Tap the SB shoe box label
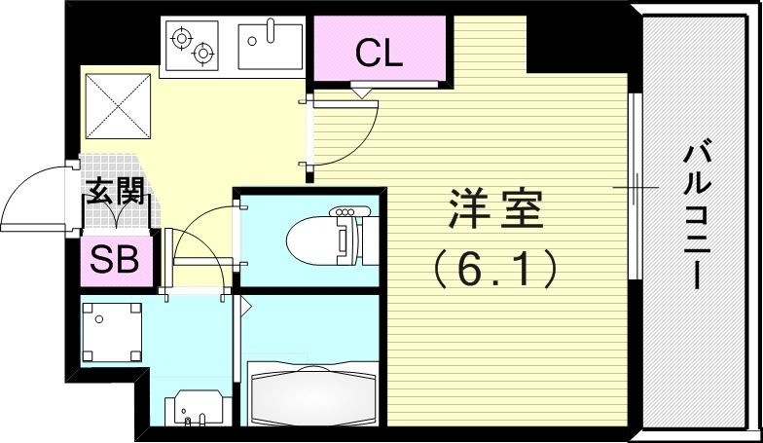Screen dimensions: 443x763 pos(115,260)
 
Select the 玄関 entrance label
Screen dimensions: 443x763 pos(115,192)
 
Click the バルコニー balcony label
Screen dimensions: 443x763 pos(695,215)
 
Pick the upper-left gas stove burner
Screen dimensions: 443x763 pos(182,37)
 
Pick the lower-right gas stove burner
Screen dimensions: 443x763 pos(203,54)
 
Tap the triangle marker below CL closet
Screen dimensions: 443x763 pos(362,93)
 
